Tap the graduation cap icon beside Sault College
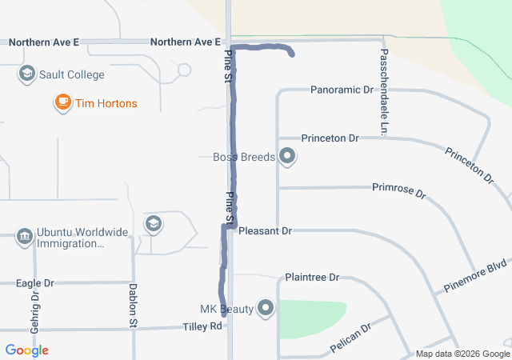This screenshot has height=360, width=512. pyautogui.click(x=26, y=75)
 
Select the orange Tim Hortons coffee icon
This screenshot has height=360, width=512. pyautogui.click(x=62, y=102)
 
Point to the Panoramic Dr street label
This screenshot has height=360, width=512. pyautogui.click(x=342, y=90)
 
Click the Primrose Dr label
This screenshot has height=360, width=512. pyautogui.click(x=399, y=188)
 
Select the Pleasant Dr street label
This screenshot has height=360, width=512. pyautogui.click(x=265, y=230)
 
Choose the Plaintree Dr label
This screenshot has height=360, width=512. pyautogui.click(x=312, y=278)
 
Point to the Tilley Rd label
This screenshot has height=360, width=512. pyautogui.click(x=202, y=326)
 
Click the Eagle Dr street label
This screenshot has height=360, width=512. pyautogui.click(x=35, y=283)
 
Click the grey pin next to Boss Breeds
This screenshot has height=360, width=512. pyautogui.click(x=288, y=158)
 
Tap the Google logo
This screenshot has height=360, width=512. pyautogui.click(x=26, y=350)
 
